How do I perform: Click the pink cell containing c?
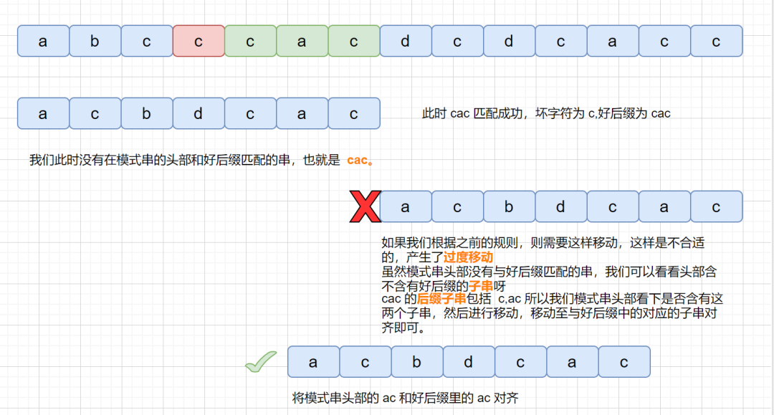click(199, 41)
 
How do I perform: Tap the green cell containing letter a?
click(302, 41)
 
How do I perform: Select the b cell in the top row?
click(95, 41)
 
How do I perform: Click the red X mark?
click(365, 206)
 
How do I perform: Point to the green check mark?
click(261, 362)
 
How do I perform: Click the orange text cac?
click(357, 160)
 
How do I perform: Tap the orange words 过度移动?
click(468, 257)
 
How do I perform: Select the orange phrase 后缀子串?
click(441, 299)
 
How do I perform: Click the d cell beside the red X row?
click(560, 206)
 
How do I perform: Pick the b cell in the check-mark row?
click(416, 362)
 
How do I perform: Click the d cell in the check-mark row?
click(469, 362)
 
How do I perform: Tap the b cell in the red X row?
click(509, 206)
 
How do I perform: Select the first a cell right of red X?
click(405, 206)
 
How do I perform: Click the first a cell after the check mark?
click(313, 362)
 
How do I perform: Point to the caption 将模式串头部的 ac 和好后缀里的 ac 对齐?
click(405, 398)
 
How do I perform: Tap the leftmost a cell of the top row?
click(43, 41)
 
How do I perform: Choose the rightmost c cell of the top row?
click(716, 41)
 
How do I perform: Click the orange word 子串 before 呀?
click(481, 286)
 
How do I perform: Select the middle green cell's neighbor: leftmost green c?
click(250, 41)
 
